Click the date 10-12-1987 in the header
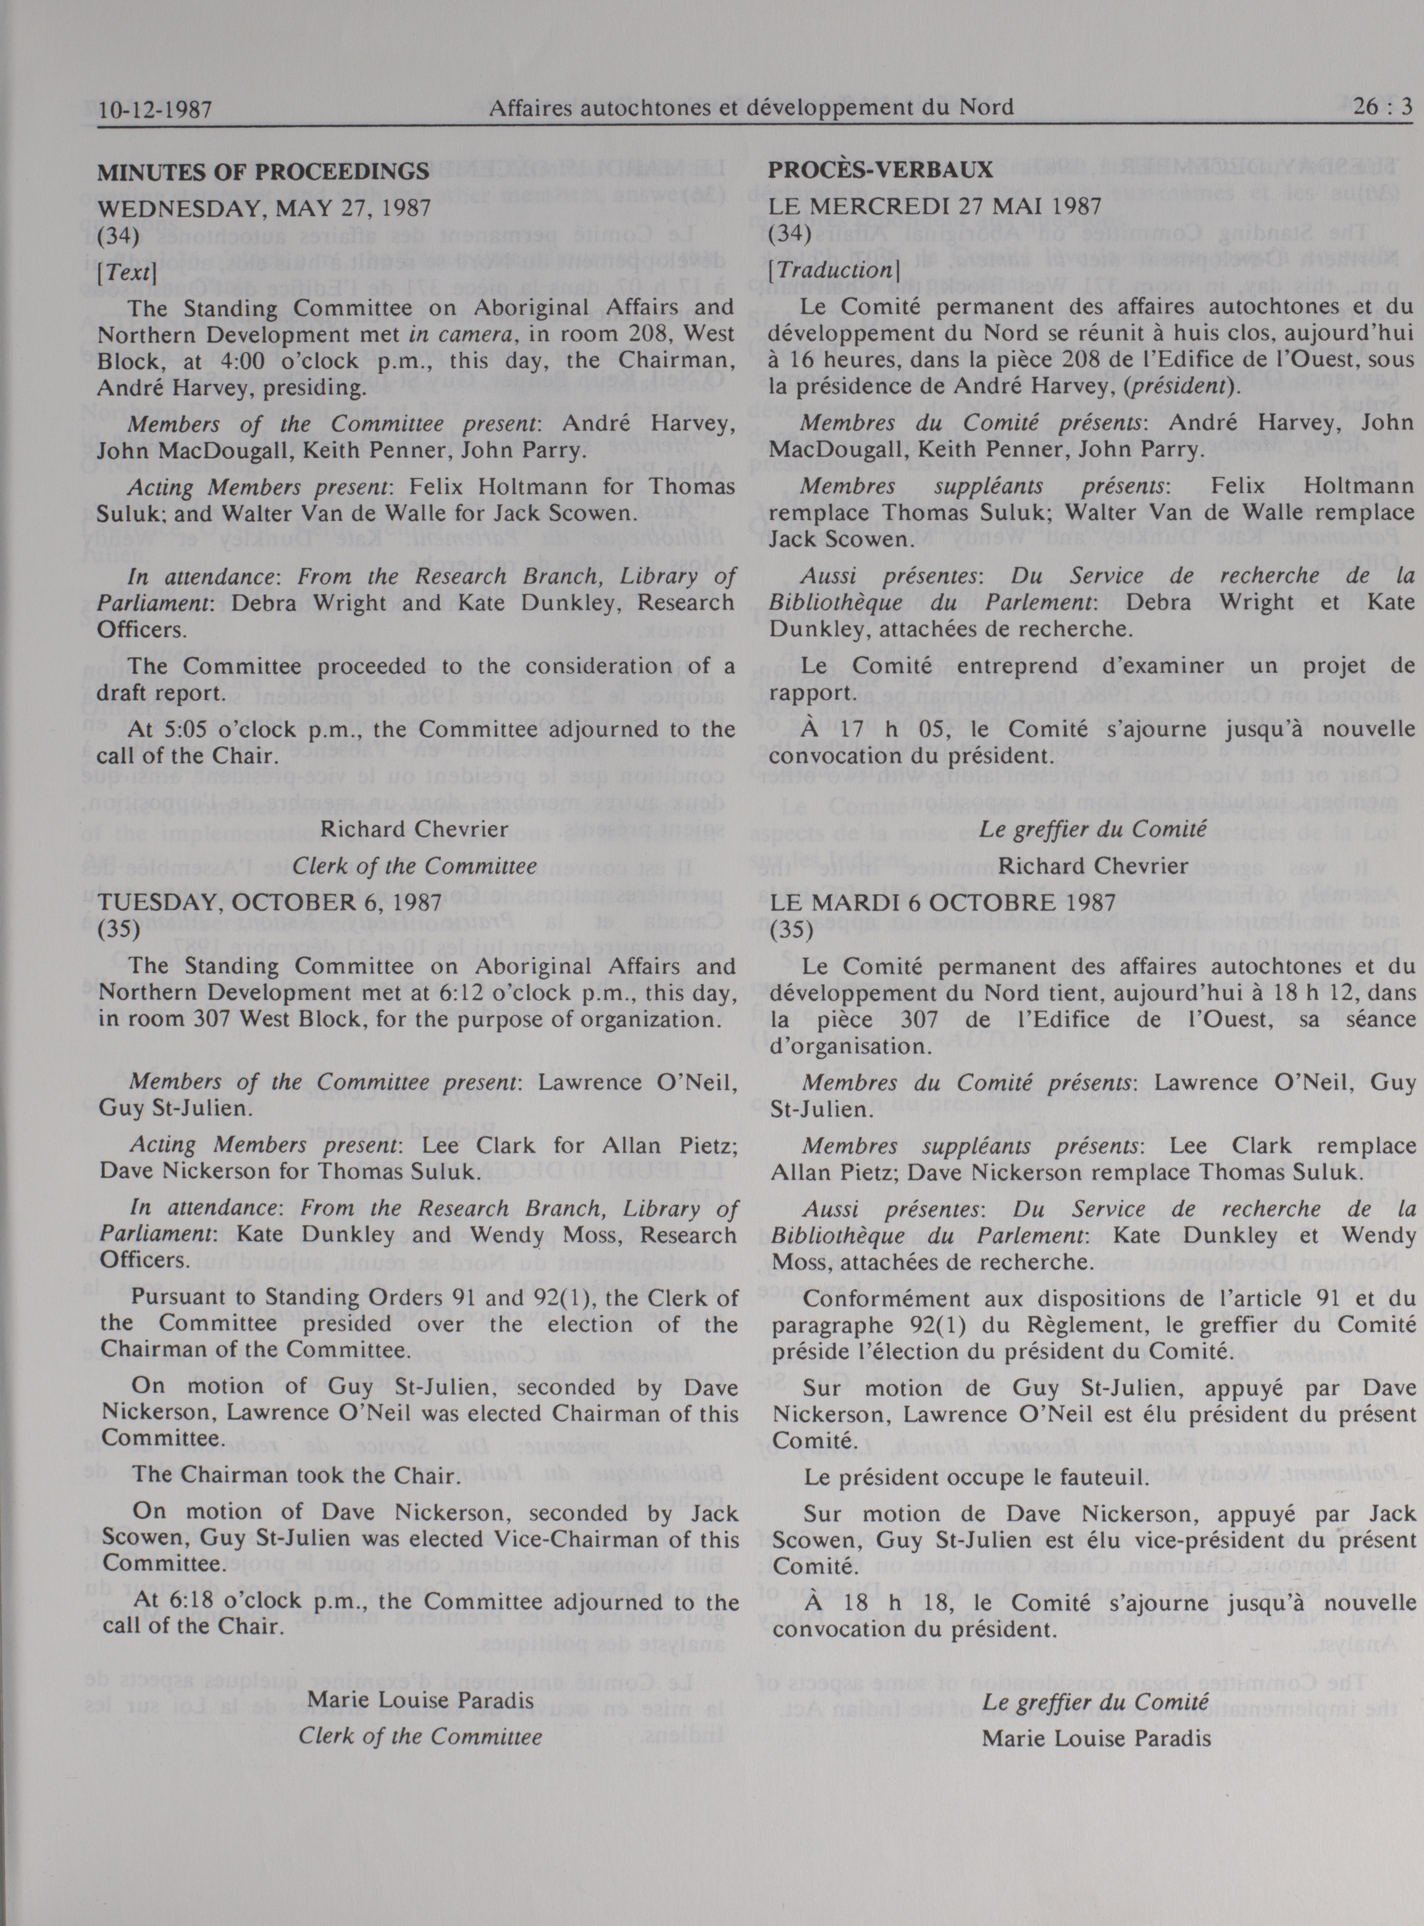point(155,109)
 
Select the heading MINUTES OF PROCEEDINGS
point(263,172)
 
